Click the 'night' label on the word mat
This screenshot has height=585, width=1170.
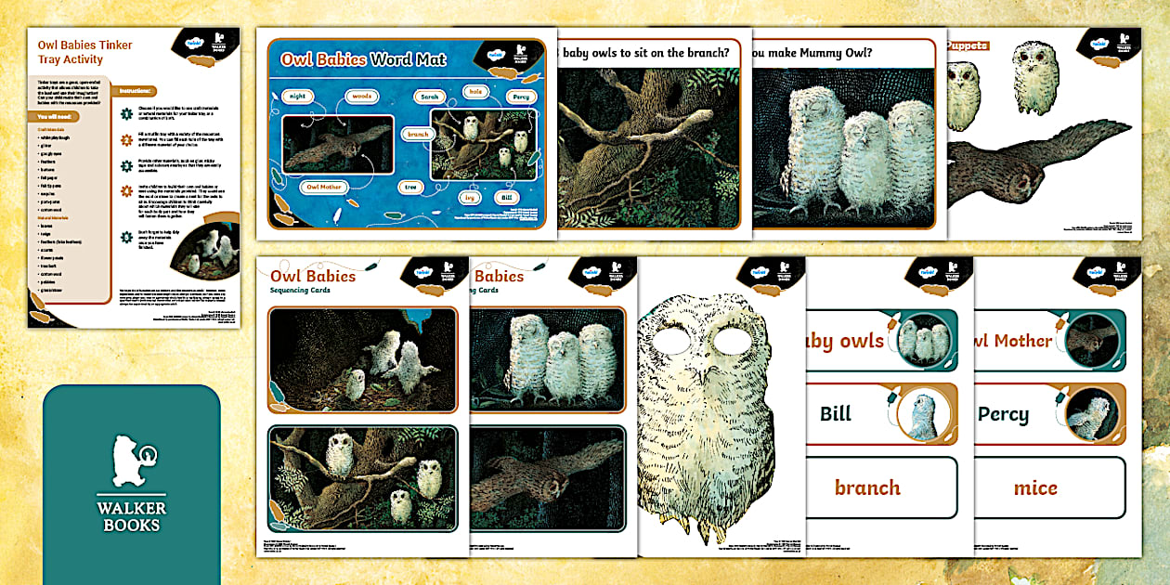296,96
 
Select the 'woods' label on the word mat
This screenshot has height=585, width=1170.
362,96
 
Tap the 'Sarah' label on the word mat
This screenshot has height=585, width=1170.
429,96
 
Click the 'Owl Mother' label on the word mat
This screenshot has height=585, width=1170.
325,187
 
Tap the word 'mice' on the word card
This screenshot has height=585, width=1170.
1035,487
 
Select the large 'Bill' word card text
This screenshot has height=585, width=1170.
836,413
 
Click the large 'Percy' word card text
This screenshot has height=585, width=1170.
1003,413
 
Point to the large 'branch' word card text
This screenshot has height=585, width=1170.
867,487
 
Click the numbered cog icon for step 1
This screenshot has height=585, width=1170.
127,113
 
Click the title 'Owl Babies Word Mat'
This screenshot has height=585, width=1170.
363,60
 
